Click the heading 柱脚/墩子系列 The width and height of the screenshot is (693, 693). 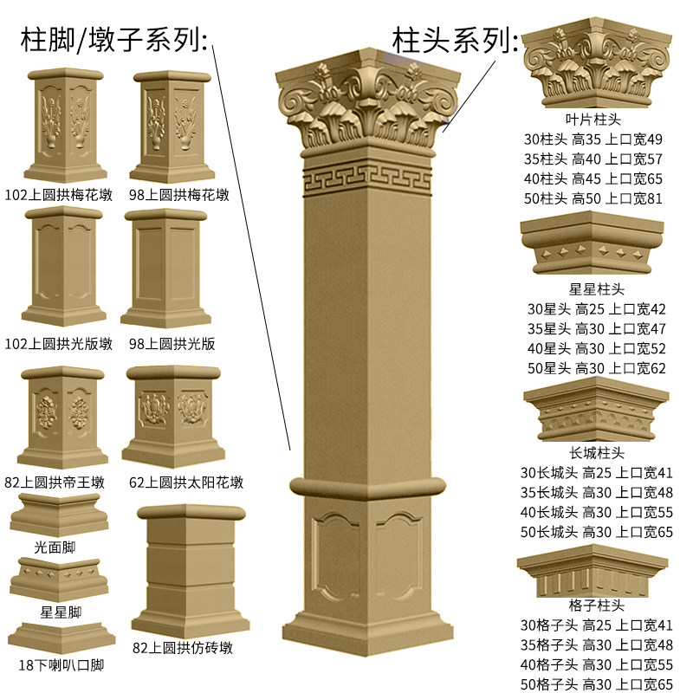[113, 39]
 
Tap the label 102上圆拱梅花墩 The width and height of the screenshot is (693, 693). [57, 195]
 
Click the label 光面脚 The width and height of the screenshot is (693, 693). [55, 547]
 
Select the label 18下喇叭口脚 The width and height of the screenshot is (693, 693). [61, 665]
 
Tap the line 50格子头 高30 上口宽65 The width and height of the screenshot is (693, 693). [596, 684]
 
